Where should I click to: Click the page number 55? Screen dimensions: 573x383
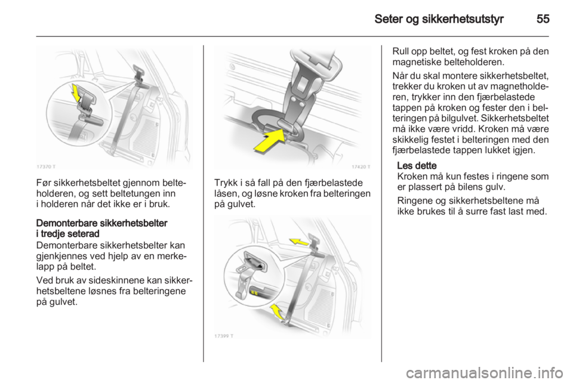(543, 18)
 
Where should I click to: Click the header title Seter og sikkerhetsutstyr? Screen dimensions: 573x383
(439, 19)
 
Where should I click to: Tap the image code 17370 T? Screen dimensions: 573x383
(46, 166)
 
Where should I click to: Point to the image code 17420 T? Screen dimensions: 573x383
(361, 166)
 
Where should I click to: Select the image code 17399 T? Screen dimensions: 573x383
(224, 336)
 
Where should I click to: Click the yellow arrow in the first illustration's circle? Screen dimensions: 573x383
(76, 93)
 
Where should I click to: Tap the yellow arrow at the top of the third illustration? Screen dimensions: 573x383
(298, 242)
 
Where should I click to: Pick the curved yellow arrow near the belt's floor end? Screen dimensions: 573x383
(276, 311)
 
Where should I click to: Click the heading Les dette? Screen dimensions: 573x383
(417, 166)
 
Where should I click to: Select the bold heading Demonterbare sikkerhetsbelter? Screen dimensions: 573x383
(101, 223)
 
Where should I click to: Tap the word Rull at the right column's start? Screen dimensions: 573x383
(400, 51)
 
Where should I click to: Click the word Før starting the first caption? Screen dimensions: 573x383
(44, 183)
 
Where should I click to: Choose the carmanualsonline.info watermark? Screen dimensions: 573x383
(484, 373)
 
